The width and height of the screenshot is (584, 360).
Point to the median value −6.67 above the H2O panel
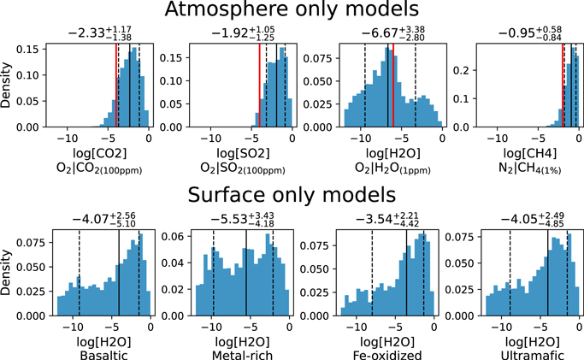pyautogui.click(x=381, y=34)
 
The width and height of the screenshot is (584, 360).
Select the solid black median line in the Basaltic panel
pyautogui.click(x=118, y=274)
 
